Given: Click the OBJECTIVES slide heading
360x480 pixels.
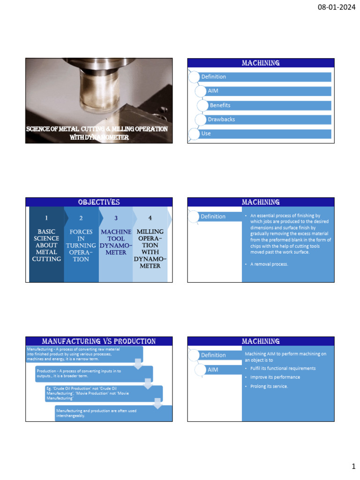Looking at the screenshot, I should coord(98,202).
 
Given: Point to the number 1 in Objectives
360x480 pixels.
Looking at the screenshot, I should coord(46,218).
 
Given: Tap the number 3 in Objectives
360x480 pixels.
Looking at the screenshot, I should coord(116,218).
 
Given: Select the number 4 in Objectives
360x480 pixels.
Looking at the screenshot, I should coord(150,218).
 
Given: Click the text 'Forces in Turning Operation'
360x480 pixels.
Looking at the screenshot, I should coord(81,245).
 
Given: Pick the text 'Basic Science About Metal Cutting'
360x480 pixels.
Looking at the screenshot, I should coord(46,245).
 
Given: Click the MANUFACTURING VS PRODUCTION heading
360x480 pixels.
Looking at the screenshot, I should coord(98,341).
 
